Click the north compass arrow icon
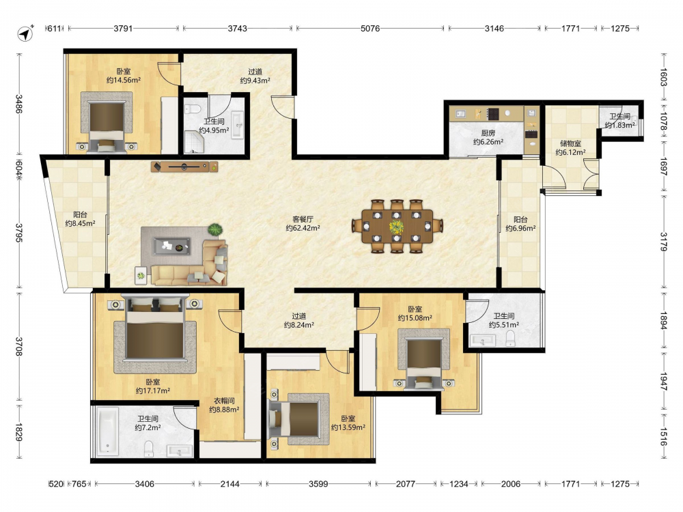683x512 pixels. point(26,33)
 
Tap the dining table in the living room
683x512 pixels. point(397,227)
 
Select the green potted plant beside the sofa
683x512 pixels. point(214,229)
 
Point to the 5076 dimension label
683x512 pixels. point(370,28)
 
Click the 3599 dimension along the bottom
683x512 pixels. point(318,484)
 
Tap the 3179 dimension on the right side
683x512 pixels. point(663,241)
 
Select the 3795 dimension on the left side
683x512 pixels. point(19,233)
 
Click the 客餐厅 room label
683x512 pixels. point(303,219)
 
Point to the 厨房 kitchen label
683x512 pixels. point(488,133)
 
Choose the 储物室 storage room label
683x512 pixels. point(570,143)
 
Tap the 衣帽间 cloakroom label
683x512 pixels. point(224,401)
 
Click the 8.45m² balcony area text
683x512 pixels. point(80,223)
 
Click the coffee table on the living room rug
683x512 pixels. point(171,246)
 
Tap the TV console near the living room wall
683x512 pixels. point(184,167)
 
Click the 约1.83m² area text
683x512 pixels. point(620,125)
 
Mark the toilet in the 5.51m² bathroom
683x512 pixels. point(510,339)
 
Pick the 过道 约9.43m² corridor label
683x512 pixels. point(255,76)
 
